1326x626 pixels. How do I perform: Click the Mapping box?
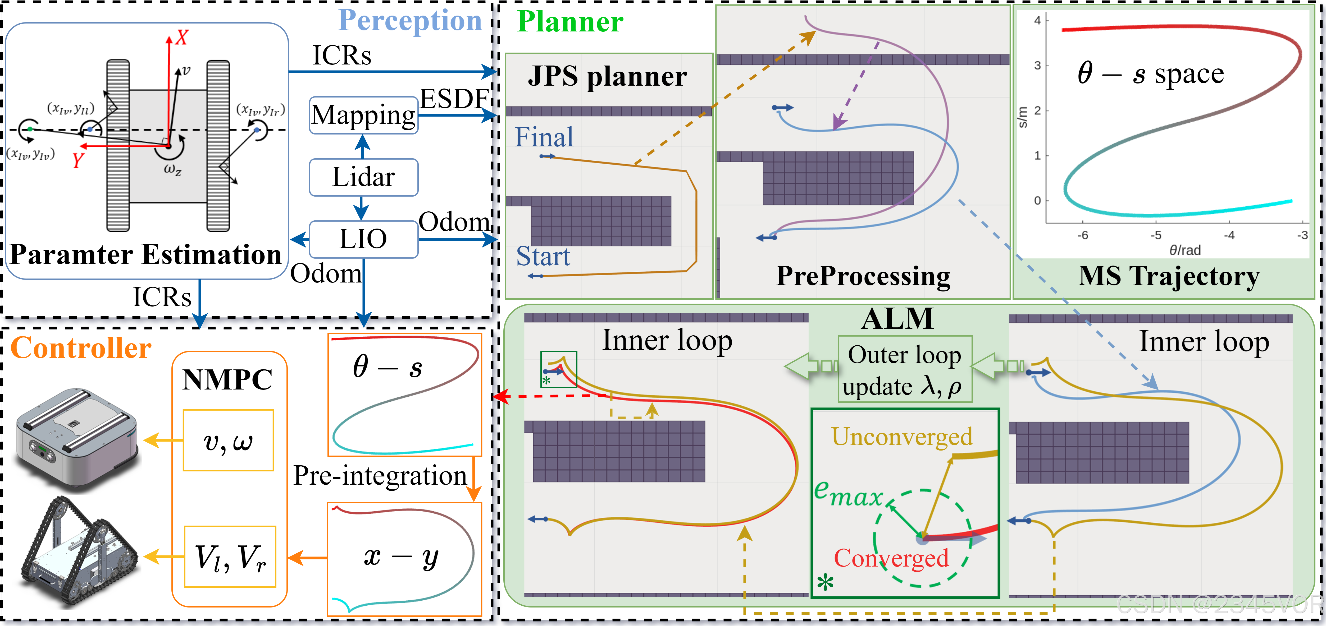pos(363,115)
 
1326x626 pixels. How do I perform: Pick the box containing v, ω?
pos(228,440)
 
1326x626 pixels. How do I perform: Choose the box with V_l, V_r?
pos(230,557)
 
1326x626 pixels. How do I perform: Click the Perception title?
pos(410,21)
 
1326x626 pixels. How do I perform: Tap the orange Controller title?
pos(81,348)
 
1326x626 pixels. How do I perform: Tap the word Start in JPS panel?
pos(543,256)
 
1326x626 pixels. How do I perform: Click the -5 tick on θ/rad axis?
pos(1156,236)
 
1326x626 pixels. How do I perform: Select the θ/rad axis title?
pos(1185,251)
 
